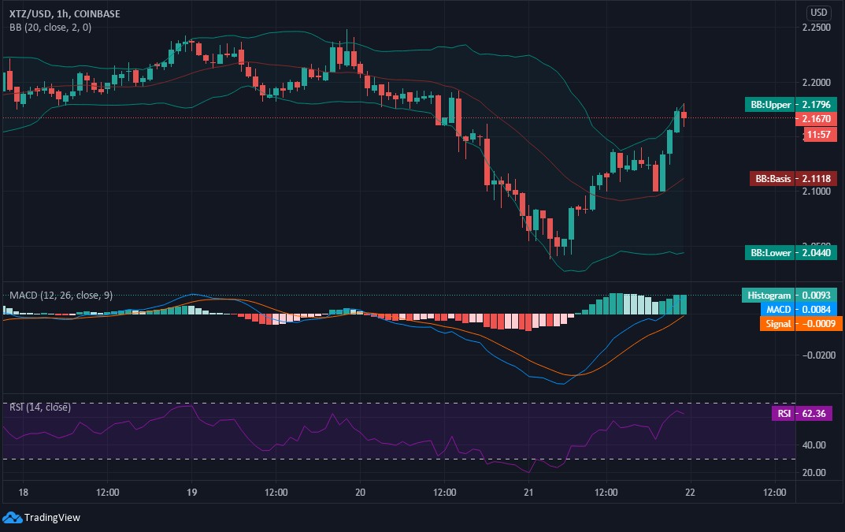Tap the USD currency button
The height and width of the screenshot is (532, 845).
pos(819,12)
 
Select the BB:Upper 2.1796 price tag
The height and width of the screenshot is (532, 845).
pos(791,104)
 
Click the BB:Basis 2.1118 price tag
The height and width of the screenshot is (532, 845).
pos(791,179)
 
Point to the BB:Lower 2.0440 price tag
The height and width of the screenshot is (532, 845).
pos(791,252)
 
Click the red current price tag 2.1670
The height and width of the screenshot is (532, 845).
pos(815,118)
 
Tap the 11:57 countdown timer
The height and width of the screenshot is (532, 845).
pos(815,134)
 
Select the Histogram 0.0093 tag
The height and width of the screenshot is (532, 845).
pos(790,295)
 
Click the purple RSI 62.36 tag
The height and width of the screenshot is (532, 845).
pos(802,413)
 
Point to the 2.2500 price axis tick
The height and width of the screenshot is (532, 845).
pos(815,28)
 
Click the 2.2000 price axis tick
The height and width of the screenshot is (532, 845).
pos(815,83)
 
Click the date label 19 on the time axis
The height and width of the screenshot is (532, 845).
pos(191,492)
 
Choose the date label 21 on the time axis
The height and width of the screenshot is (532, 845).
pos(529,492)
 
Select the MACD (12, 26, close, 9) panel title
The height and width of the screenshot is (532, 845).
pos(61,295)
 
